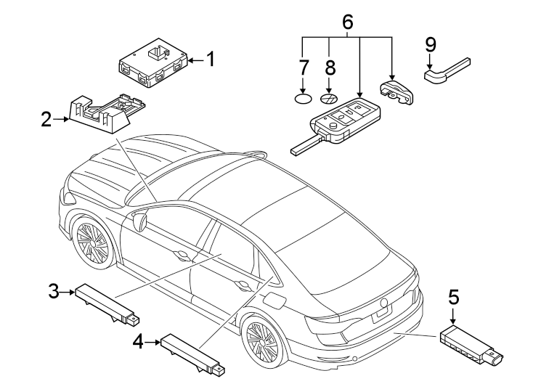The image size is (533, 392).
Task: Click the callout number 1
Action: (x=210, y=60)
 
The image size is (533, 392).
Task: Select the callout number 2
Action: (x=46, y=119)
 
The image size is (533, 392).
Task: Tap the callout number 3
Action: (x=53, y=292)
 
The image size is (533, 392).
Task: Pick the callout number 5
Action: (x=453, y=297)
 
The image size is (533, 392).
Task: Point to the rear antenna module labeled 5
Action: (x=471, y=346)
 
